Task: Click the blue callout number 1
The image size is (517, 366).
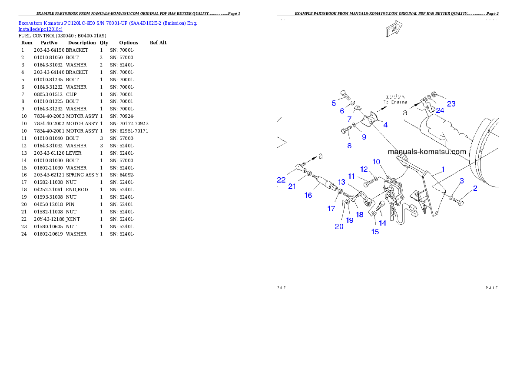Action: click(443, 169)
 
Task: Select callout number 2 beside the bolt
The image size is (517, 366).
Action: click(475, 188)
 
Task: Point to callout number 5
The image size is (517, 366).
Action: click(334, 103)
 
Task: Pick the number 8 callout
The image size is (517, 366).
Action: click(349, 146)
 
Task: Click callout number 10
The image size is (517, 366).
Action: click(376, 162)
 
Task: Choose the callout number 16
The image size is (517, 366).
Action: click(308, 195)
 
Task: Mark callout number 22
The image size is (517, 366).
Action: click(282, 180)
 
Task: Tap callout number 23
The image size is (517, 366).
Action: click(451, 104)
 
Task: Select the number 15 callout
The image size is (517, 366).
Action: click(374, 232)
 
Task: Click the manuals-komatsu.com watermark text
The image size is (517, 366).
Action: click(427, 152)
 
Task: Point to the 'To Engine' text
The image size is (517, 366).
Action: click(395, 100)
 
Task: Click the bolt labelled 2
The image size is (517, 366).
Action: click(460, 201)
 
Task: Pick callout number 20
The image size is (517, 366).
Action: click(339, 226)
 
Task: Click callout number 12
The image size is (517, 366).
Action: click(364, 169)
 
